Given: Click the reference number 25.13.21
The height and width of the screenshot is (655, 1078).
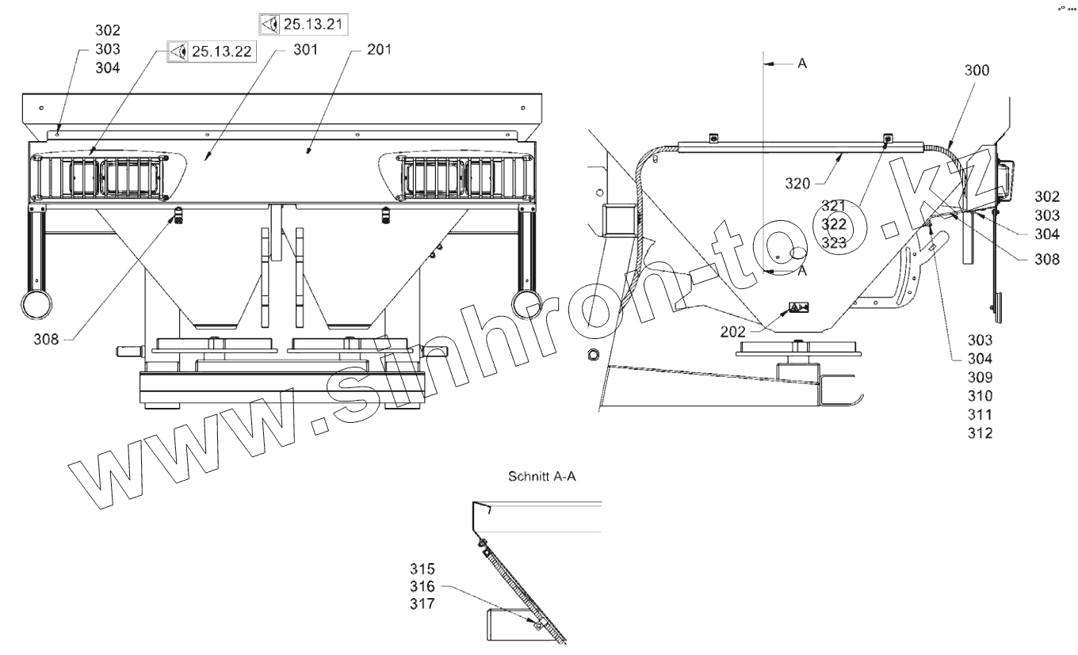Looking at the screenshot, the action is coord(313,24).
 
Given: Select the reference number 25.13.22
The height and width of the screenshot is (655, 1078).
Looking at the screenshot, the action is coord(222,51).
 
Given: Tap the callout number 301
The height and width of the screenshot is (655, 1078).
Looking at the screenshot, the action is coord(306,50).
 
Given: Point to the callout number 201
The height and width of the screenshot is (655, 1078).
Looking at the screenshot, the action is coord(379,50).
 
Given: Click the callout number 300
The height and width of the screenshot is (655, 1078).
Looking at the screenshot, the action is coord(977,70).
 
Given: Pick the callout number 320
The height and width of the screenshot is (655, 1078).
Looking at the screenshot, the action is coord(797,183).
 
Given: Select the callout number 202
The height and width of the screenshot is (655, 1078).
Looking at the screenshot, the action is coord(732,331).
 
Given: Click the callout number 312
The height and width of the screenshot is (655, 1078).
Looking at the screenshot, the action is coord(981,432).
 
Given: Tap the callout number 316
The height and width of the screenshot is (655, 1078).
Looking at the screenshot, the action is coord(422,586).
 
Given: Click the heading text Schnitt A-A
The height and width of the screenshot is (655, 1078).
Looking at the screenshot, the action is coord(542,476).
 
